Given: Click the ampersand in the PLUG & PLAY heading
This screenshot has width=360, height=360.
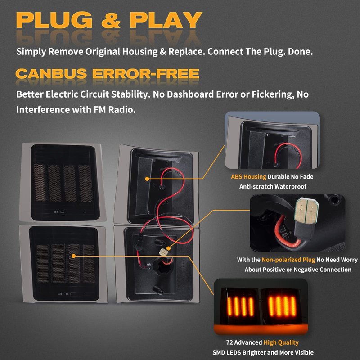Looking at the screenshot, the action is point(111,20).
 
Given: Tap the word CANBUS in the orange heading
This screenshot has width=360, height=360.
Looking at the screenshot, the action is point(51,74).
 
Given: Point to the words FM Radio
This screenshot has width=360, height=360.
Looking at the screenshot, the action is point(115,110).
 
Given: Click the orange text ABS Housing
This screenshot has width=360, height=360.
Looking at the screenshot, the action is point(249,177).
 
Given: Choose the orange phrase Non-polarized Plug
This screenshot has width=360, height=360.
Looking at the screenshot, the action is point(288,260).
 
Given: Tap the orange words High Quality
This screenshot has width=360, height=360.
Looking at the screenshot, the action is point(281,342).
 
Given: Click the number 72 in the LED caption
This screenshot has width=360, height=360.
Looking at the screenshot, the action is point(229,342).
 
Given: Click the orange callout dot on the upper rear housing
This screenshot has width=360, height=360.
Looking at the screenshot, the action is point(148,179).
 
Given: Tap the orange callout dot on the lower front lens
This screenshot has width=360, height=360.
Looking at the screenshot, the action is point(73,256).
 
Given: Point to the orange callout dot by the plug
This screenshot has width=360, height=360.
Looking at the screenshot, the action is point(168,248).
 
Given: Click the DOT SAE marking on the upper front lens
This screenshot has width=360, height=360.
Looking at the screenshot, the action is point(60,212).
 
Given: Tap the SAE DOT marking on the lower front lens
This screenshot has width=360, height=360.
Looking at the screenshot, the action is point(64,294).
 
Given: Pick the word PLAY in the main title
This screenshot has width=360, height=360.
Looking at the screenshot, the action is point(166,20).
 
